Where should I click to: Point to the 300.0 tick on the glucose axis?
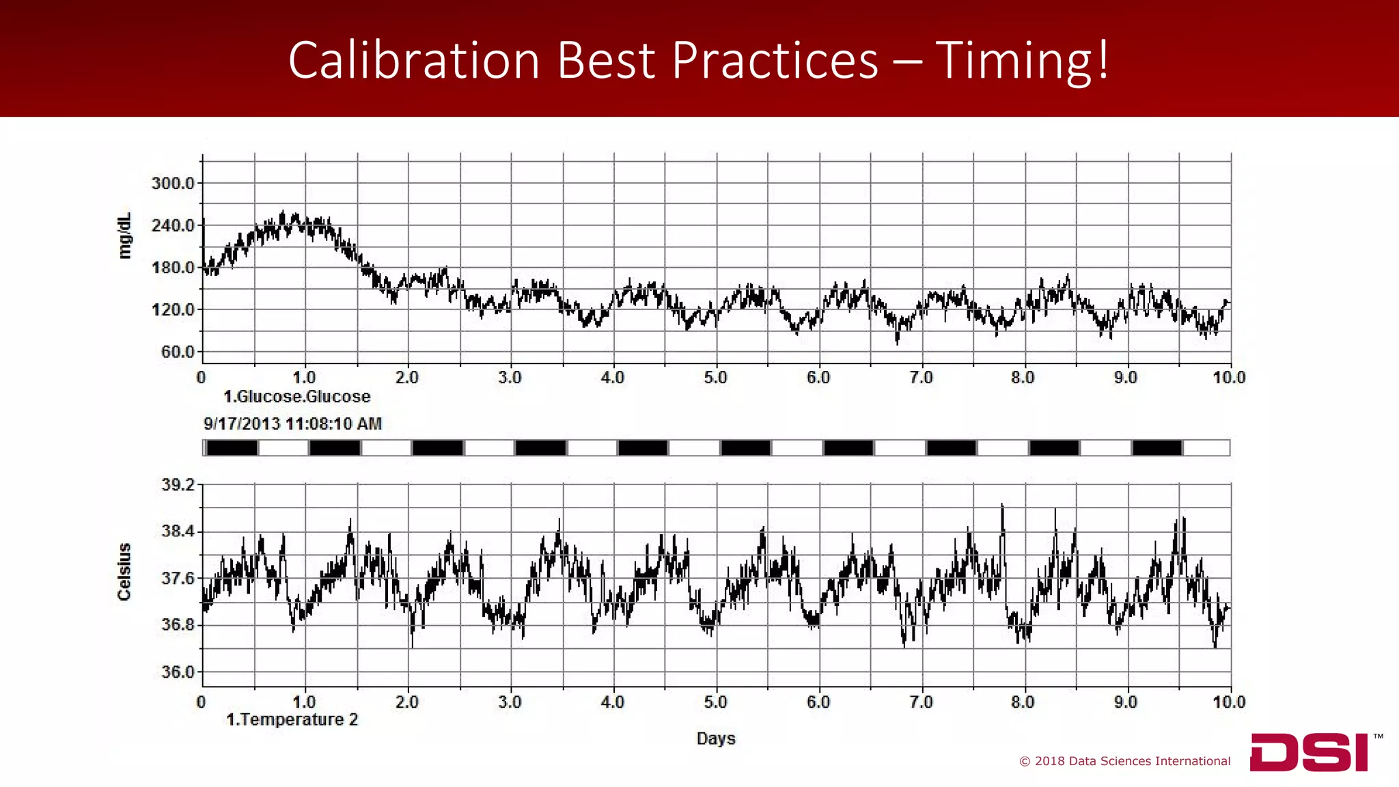tap(174, 183)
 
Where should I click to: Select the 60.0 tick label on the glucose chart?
tap(178, 352)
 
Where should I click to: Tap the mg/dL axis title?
tap(124, 236)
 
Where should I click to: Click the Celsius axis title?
tap(124, 572)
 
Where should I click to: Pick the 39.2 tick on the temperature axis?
tap(178, 485)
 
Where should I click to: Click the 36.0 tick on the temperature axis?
tap(178, 672)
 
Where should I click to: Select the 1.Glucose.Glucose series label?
tap(297, 397)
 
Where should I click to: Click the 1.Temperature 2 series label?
tap(292, 719)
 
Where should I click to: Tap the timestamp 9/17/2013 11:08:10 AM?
tap(292, 424)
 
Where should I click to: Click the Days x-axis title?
tap(716, 738)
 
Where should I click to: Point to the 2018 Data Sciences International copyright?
tap(1125, 761)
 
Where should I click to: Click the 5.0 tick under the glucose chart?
tap(715, 378)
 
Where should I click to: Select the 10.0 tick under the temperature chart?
tap(1229, 702)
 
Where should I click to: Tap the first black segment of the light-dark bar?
tap(232, 448)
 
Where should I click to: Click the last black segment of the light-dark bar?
tap(1157, 448)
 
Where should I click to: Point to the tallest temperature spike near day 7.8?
tap(1002, 506)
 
